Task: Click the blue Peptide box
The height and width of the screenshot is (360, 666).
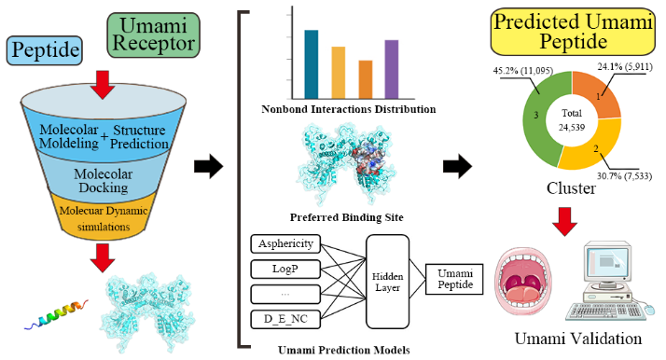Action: coord(44,50)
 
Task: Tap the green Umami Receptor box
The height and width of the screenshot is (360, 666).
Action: coord(153,35)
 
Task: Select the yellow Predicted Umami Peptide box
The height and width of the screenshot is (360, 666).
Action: coord(573,32)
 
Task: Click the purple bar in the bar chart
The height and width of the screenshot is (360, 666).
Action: coord(392,69)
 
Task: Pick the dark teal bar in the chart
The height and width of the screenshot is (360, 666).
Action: coord(312,64)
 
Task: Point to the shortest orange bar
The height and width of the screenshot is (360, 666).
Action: coord(366,80)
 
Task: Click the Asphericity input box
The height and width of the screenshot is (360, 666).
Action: coord(285,243)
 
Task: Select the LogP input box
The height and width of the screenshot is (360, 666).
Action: coord(285,270)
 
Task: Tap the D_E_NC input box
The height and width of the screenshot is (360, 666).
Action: coord(285,319)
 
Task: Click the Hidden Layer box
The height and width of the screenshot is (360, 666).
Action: coord(387,282)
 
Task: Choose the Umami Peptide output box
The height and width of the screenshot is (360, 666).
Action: coord(454,279)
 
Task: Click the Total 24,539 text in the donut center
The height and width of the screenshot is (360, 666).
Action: coord(572,120)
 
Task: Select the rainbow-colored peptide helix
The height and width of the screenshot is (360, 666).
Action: coord(56,314)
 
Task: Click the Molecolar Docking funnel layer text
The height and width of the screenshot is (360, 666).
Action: coord(104,181)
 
